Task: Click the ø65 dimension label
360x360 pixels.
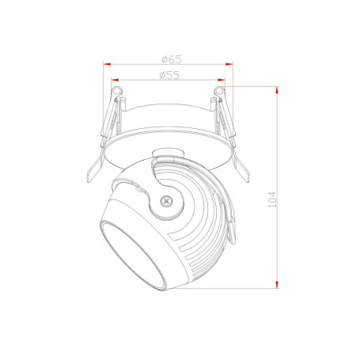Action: click(172, 59)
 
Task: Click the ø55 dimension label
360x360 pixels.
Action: click(169, 75)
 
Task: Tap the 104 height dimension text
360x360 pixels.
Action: click(272, 199)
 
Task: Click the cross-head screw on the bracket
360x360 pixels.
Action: click(166, 201)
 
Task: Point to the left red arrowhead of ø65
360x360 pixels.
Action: click(107, 64)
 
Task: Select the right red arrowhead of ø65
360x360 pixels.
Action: click(229, 64)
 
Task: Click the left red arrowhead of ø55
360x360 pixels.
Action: click(116, 80)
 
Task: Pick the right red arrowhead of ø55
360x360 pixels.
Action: click(221, 80)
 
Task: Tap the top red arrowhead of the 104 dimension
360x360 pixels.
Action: click(277, 90)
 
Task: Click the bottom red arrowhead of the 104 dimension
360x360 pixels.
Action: click(277, 284)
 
